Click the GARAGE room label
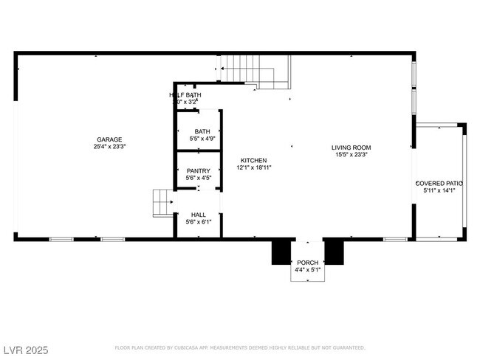click(x=109, y=139)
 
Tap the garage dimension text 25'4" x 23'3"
click(x=109, y=147)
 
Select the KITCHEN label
click(x=254, y=160)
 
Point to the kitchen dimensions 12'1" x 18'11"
click(x=254, y=167)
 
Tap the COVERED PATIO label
click(x=439, y=183)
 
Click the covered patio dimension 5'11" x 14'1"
click(x=439, y=190)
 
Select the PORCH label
click(x=307, y=263)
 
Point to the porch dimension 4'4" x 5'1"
click(x=307, y=270)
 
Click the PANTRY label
click(x=198, y=170)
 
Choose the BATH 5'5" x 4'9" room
click(x=198, y=134)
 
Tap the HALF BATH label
click(x=185, y=95)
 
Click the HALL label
click(x=198, y=215)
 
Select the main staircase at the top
click(x=256, y=70)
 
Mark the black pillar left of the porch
click(x=281, y=252)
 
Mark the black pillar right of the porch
click(x=335, y=252)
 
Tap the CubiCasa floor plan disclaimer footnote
click(x=239, y=347)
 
